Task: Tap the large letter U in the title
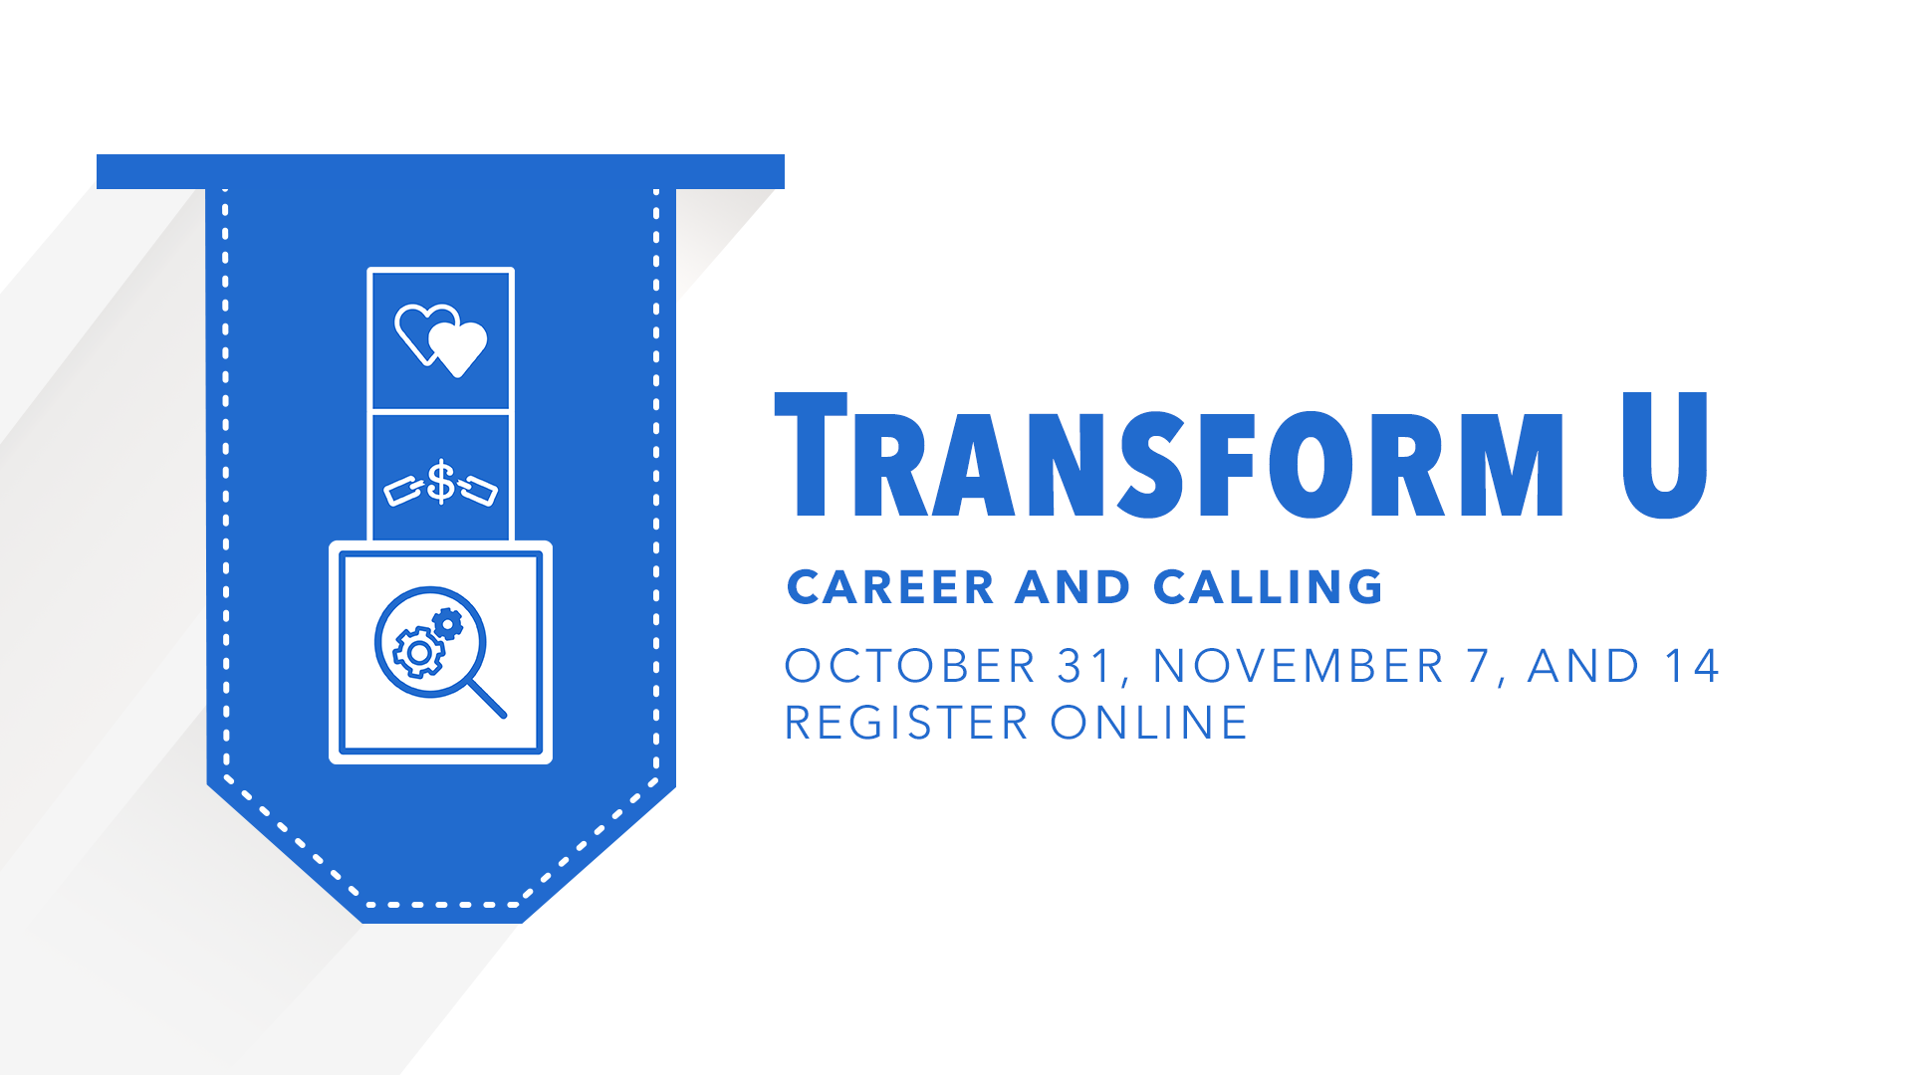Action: (x=1665, y=455)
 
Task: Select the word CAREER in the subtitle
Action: (x=890, y=587)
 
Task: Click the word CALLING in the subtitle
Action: (x=1269, y=587)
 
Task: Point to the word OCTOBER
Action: (x=910, y=666)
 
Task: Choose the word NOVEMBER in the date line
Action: (x=1298, y=666)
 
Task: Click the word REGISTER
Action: (x=906, y=723)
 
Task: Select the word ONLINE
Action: (x=1148, y=723)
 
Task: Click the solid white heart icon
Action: (x=457, y=348)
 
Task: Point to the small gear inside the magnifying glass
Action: (x=448, y=624)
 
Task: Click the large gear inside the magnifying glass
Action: (x=419, y=653)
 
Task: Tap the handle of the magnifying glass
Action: (x=487, y=698)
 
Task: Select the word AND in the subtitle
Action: (x=1073, y=587)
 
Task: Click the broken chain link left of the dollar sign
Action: (x=403, y=491)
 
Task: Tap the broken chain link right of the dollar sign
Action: (x=478, y=490)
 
